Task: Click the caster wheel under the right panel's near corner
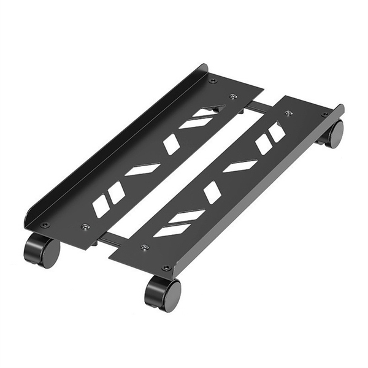click(163, 293)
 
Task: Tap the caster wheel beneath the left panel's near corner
click(42, 250)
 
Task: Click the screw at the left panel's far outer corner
click(212, 80)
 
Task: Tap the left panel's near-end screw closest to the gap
click(85, 227)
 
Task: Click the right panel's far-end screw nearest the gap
click(289, 112)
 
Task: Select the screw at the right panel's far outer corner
click(325, 114)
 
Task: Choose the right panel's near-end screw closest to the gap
click(145, 247)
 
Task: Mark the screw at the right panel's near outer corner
click(166, 267)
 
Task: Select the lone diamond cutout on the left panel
click(172, 145)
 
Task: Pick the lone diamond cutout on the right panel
click(212, 192)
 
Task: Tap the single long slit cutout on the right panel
click(240, 166)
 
